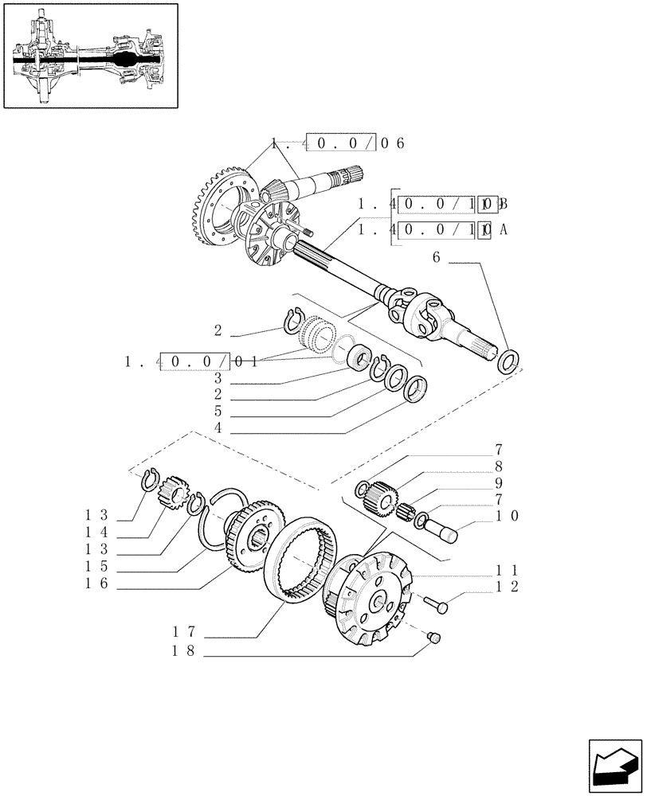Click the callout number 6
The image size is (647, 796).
tap(436, 257)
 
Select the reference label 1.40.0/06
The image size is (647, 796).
tap(338, 144)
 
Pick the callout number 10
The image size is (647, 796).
tap(508, 516)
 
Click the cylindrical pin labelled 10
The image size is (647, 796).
tap(441, 529)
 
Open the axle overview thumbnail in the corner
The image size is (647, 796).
tap(90, 55)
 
